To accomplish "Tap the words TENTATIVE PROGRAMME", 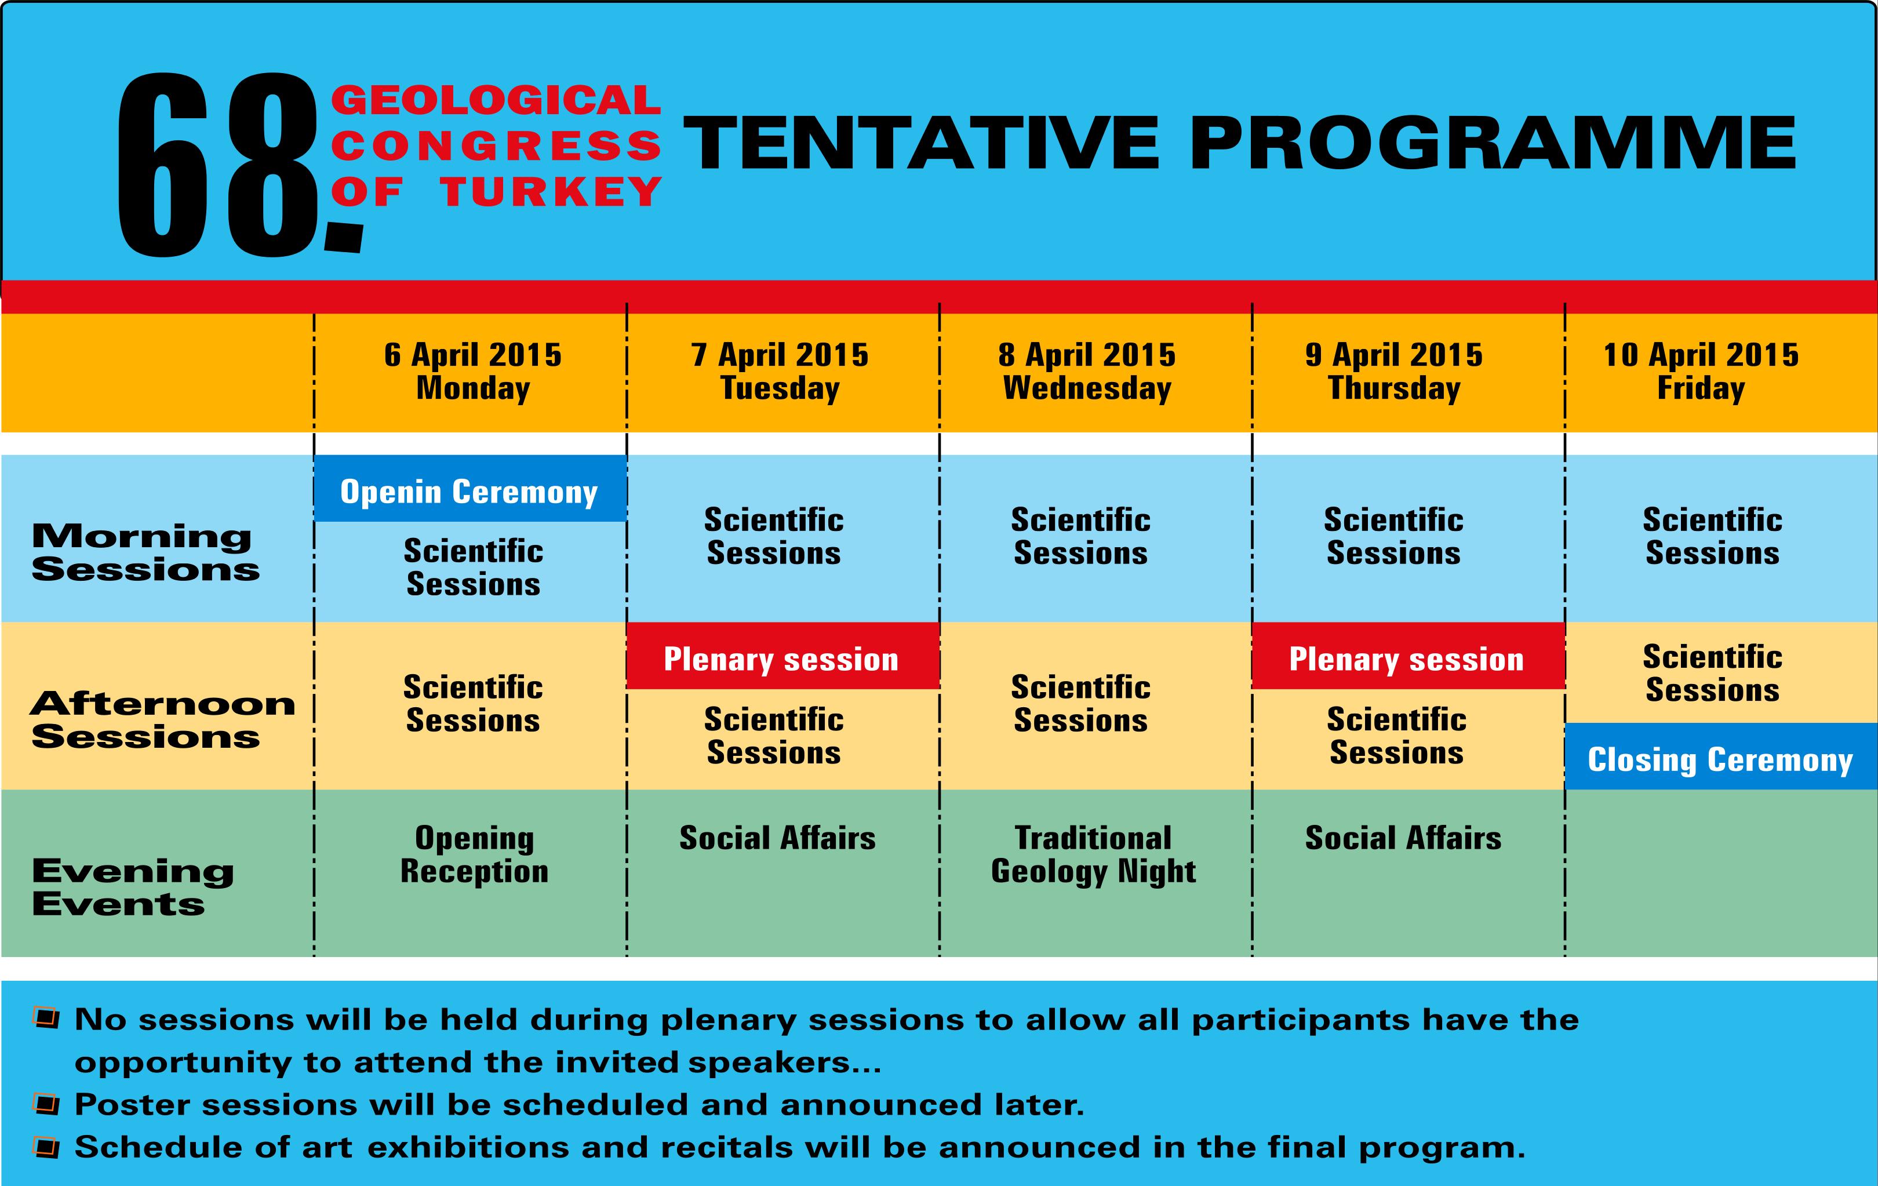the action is (x=1239, y=143).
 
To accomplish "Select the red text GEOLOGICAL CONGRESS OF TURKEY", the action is (x=497, y=146).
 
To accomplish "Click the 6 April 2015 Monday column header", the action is (x=472, y=371).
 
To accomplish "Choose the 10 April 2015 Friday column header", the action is (x=1701, y=371).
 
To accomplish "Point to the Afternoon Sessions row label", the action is (x=163, y=720).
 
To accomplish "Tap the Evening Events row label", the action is (x=133, y=887).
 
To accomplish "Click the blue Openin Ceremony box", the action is (x=470, y=488).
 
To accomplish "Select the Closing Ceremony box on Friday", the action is (x=1720, y=756).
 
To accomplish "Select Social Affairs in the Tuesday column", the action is (x=777, y=838).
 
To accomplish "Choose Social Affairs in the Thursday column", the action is (x=1403, y=838).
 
